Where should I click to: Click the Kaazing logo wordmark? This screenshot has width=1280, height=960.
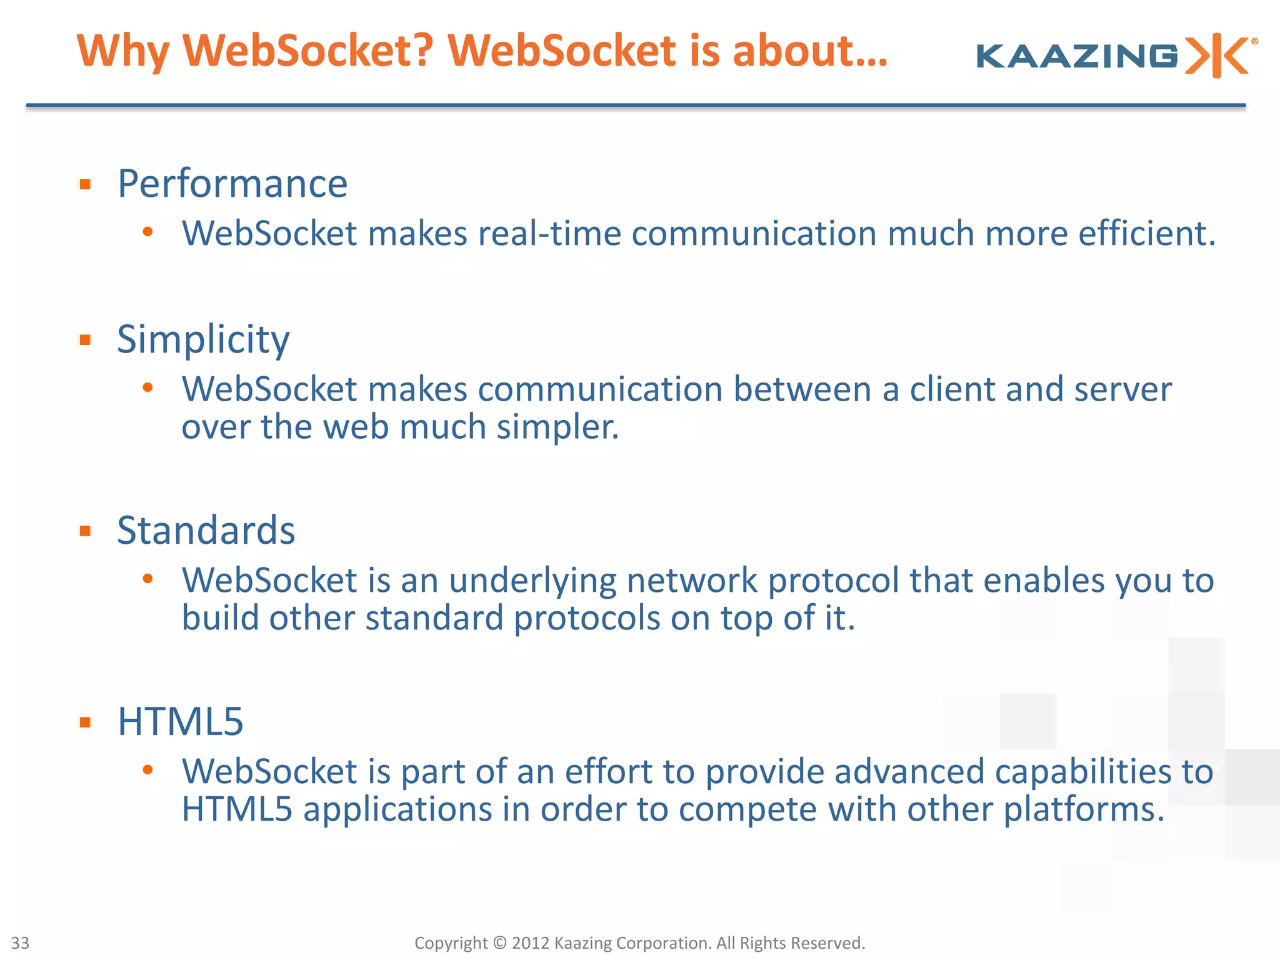1077,56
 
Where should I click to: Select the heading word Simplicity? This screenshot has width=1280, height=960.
203,339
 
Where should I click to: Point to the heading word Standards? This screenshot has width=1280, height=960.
206,531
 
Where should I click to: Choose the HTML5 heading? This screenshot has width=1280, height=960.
180,722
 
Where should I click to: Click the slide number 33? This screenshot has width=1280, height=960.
20,942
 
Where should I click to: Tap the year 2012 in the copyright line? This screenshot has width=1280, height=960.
531,942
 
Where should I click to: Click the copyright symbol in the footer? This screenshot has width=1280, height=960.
499,942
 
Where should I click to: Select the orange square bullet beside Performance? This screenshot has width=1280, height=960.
86,184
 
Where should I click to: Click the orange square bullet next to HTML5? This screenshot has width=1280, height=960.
86,722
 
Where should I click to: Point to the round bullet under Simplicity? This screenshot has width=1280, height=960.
148,388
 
